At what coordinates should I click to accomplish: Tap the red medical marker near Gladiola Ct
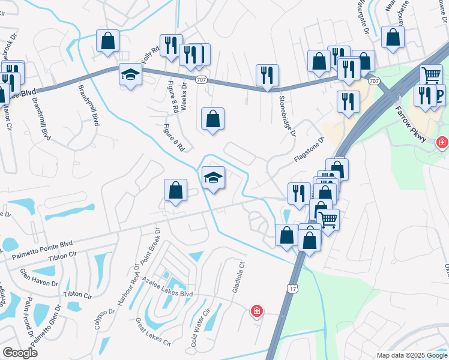tap(256, 311)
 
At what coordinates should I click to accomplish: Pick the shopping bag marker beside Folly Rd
tap(108, 41)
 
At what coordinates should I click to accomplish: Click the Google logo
tap(20, 353)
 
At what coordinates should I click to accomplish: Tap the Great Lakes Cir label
tap(153, 331)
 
